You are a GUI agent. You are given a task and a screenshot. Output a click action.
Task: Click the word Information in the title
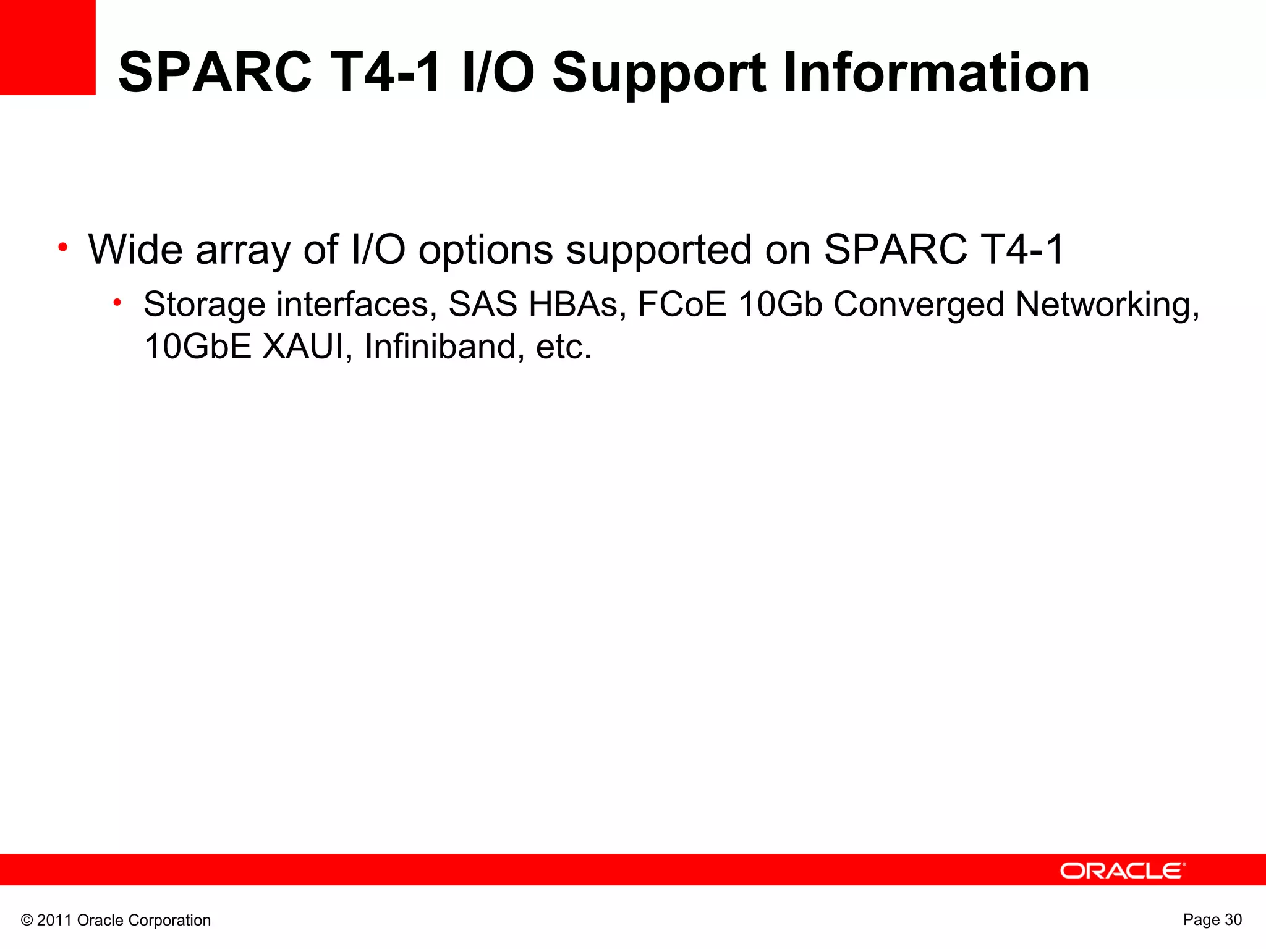936,73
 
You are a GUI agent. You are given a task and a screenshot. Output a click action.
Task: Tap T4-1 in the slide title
386,73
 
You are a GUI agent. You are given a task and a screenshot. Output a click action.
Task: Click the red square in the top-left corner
48,47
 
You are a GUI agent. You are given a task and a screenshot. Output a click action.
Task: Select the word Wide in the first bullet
135,250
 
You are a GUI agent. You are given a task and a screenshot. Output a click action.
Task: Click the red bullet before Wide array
62,248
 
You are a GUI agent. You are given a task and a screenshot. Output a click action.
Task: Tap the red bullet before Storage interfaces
117,302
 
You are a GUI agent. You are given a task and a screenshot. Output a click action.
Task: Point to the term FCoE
682,305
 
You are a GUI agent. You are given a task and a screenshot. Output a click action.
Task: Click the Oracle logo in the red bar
1123,871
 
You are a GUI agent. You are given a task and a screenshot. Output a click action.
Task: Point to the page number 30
1233,919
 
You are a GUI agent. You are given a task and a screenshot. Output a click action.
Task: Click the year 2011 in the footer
55,921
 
